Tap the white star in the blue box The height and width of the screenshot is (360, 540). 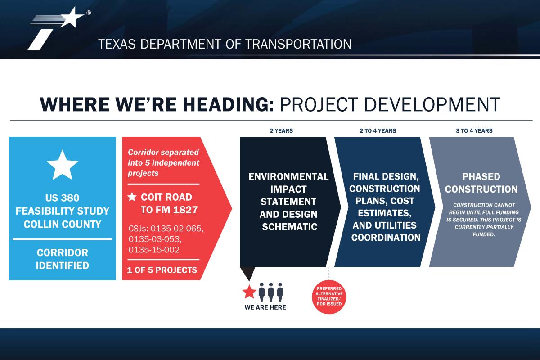[x=63, y=166]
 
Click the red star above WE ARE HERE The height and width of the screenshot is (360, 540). [x=249, y=292]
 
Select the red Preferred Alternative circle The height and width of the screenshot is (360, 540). [x=329, y=297]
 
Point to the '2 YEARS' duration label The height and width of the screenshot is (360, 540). [x=281, y=130]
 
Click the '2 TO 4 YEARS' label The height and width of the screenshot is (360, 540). [x=378, y=130]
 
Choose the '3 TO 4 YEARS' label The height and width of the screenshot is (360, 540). [x=474, y=130]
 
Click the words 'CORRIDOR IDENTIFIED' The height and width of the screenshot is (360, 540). [x=63, y=259]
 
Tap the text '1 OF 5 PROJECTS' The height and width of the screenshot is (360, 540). [x=162, y=270]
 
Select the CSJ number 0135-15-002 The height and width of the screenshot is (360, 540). [x=154, y=250]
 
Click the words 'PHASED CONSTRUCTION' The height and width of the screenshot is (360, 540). [x=481, y=183]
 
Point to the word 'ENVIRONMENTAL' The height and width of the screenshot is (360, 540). [x=288, y=177]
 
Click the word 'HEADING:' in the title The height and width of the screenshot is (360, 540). [x=228, y=105]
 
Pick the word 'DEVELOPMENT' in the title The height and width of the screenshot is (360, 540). [x=432, y=105]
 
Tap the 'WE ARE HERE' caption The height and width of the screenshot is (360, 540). [x=265, y=307]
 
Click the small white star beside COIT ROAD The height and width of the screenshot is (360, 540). [x=132, y=197]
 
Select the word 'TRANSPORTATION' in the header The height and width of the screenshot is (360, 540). [x=298, y=44]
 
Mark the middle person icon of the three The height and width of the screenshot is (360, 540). [x=271, y=292]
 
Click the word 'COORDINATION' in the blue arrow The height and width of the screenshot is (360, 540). [x=386, y=238]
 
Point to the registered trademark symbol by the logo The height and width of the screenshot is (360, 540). [x=89, y=13]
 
